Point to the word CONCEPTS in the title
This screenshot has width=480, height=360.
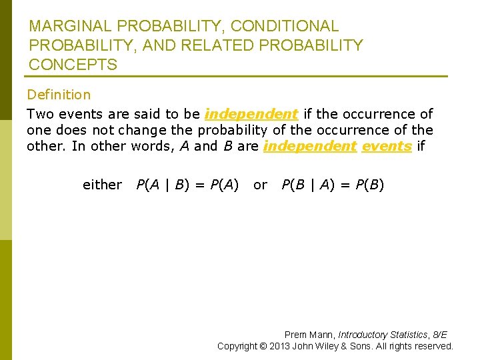coord(73,65)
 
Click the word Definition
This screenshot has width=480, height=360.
coord(59,95)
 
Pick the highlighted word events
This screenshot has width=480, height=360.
coord(386,146)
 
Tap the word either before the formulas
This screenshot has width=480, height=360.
coord(102,185)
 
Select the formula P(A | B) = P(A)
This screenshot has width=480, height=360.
coord(187,185)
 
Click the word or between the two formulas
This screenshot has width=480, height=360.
coord(260,185)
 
